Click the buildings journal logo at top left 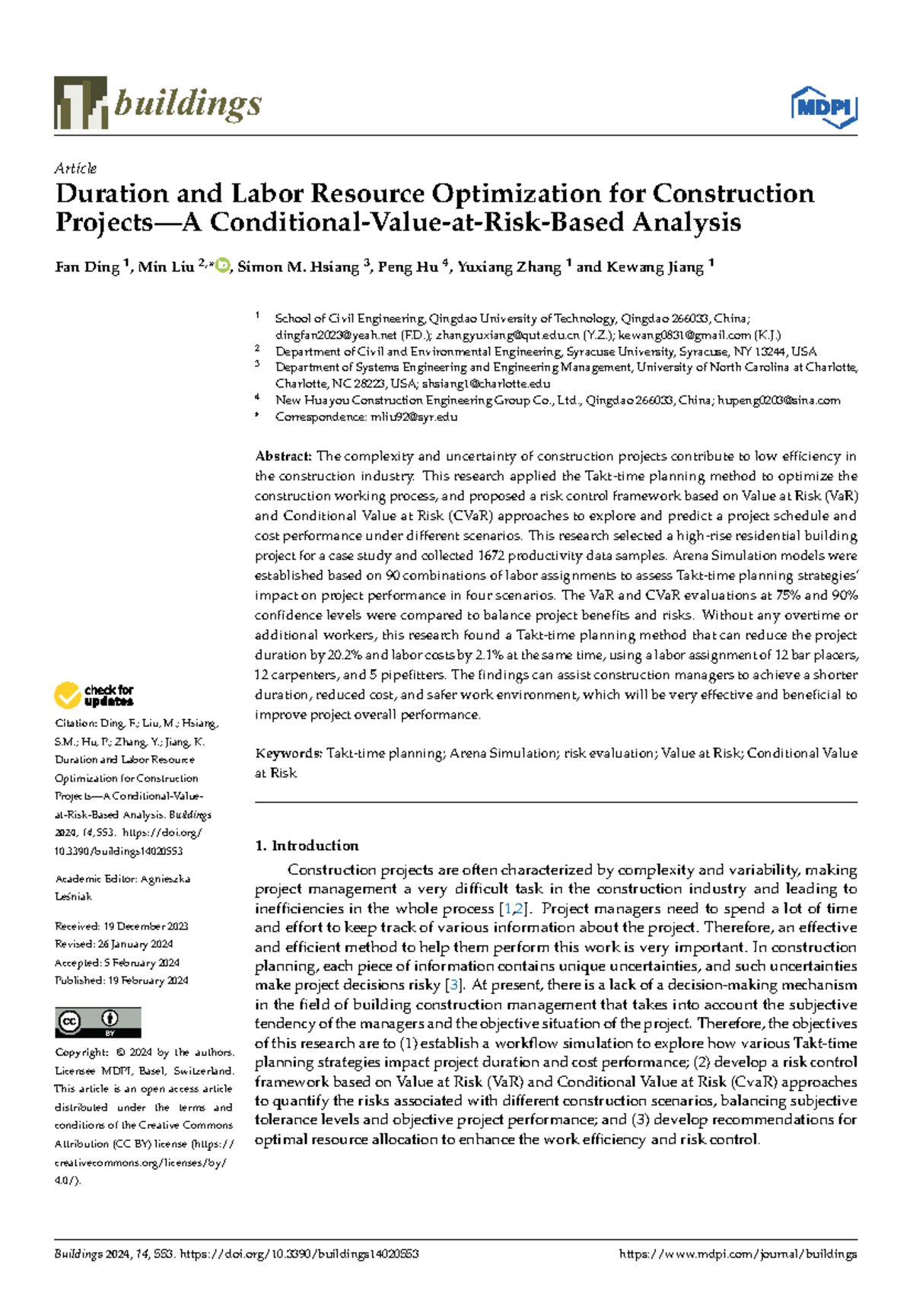point(157,103)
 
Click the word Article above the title point(75,168)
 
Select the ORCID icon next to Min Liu point(222,266)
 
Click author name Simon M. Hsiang point(298,267)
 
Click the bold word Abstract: point(283,457)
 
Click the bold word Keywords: point(288,754)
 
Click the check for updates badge point(94,695)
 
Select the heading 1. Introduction point(307,846)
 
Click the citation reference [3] point(454,985)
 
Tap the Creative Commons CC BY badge point(97,1022)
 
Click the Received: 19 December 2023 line point(121,926)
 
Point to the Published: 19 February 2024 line point(121,980)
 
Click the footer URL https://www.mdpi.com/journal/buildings point(738,1254)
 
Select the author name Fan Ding point(87,267)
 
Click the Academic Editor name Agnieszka point(165,878)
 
